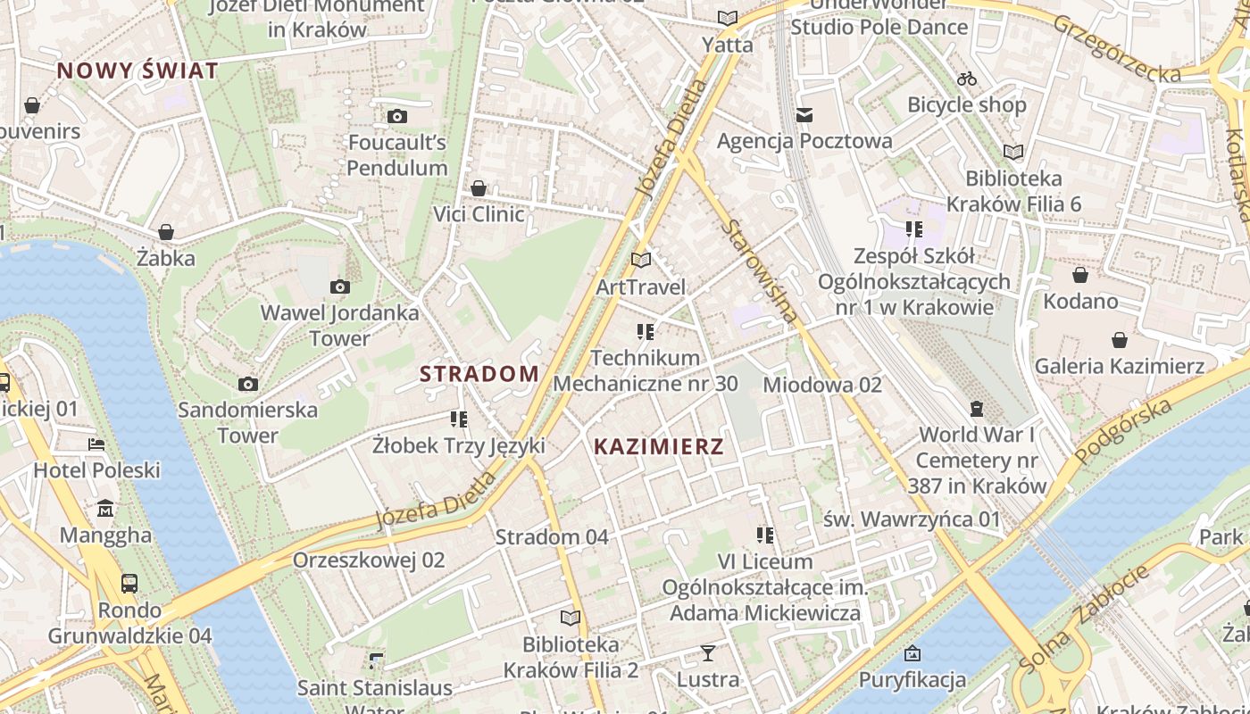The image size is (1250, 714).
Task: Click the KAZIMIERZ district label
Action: (658, 446)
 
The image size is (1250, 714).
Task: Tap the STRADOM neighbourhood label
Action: (479, 373)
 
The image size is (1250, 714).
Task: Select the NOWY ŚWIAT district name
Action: (137, 71)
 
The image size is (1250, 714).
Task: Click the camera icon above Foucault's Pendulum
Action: (397, 116)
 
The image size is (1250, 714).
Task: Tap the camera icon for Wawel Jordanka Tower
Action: (339, 286)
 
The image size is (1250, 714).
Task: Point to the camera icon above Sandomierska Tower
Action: (248, 384)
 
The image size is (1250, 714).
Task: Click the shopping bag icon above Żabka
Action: (166, 232)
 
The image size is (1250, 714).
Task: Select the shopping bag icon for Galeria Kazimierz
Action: (1119, 340)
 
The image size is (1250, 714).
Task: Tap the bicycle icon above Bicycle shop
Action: (966, 79)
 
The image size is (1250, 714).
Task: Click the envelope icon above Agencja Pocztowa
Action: (804, 114)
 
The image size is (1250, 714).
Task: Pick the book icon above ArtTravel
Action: (640, 260)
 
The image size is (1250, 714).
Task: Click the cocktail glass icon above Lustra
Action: (707, 653)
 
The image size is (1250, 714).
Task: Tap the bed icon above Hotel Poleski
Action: (96, 444)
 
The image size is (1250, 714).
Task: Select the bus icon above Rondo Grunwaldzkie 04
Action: (129, 584)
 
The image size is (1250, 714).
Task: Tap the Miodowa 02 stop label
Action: (821, 385)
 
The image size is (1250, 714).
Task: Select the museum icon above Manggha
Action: (105, 509)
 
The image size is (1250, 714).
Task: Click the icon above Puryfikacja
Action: (912, 653)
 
